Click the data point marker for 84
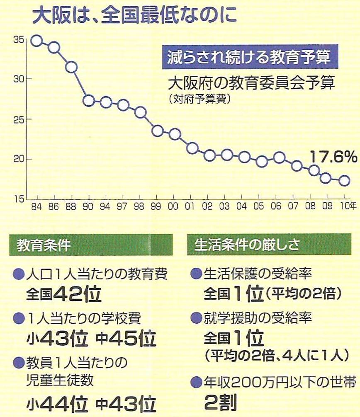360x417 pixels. (36, 41)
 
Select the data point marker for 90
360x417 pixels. (88, 100)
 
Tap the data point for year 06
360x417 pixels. (279, 157)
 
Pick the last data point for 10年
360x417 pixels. (344, 180)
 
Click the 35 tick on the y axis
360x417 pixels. (19, 40)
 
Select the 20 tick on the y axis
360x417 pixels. (19, 160)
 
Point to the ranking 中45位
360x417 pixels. (126, 339)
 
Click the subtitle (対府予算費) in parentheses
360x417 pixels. (199, 100)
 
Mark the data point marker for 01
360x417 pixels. (192, 148)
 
